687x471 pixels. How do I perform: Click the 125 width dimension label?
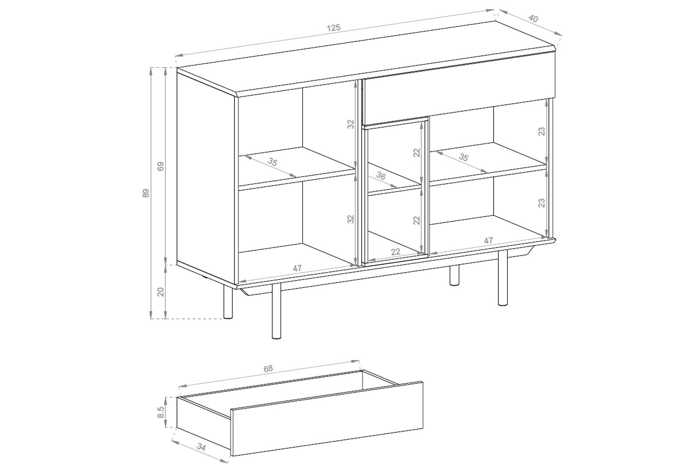click(334, 27)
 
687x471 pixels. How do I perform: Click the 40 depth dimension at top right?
click(533, 18)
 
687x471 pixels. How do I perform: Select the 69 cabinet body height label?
click(160, 166)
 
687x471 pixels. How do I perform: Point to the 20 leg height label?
click(160, 292)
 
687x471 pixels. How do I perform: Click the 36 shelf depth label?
click(381, 176)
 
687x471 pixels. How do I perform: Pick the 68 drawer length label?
click(268, 369)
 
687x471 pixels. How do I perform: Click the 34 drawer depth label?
click(201, 447)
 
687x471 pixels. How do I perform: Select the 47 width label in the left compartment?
click(297, 268)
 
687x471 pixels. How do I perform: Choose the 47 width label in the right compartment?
click(488, 241)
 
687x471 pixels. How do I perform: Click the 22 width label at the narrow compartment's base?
click(396, 252)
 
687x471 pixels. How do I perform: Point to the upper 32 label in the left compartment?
click(351, 124)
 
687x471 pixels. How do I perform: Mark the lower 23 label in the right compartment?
click(541, 203)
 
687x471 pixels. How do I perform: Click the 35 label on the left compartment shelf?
click(272, 161)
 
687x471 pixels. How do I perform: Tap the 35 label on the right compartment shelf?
click(464, 157)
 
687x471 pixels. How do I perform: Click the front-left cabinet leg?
click(276, 311)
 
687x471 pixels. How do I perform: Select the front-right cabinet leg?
click(503, 277)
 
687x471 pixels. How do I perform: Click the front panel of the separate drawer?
click(327, 419)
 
